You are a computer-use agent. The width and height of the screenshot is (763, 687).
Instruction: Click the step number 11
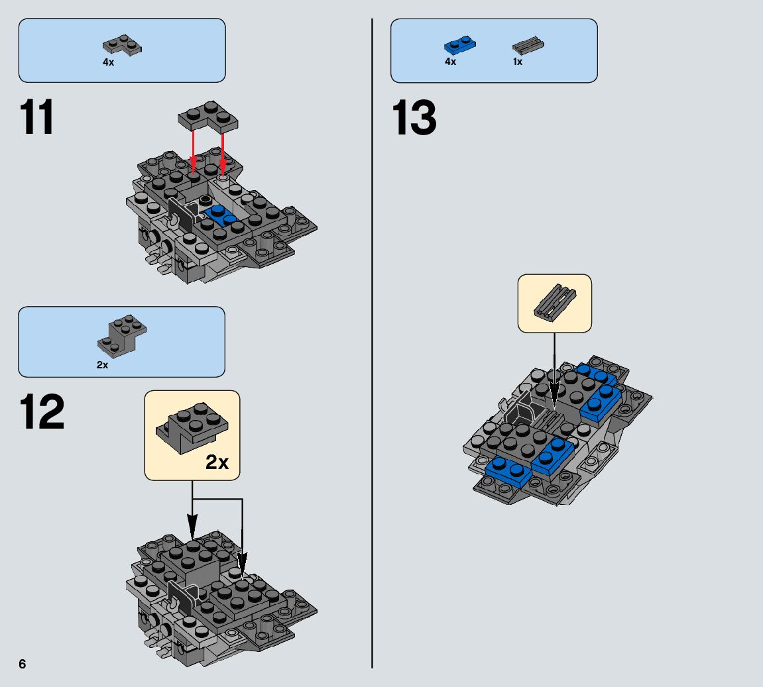point(38,118)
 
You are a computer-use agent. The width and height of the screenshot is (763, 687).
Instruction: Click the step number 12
point(42,412)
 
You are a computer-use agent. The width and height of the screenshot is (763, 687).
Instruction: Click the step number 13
point(415,119)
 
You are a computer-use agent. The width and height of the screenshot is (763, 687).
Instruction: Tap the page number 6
point(23,664)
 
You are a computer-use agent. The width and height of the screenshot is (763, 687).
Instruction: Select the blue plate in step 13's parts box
point(460,46)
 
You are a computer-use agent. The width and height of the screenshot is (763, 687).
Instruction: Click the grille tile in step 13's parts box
point(528,46)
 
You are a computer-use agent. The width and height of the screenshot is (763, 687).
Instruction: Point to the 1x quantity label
point(518,62)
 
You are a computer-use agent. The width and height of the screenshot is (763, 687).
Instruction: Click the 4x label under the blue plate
point(451,62)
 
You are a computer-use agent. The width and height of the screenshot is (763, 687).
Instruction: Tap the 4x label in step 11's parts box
point(108,62)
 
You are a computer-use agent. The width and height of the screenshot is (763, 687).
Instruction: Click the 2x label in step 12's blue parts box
point(102,365)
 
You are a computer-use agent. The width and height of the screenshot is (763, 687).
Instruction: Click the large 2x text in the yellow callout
point(217,462)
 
